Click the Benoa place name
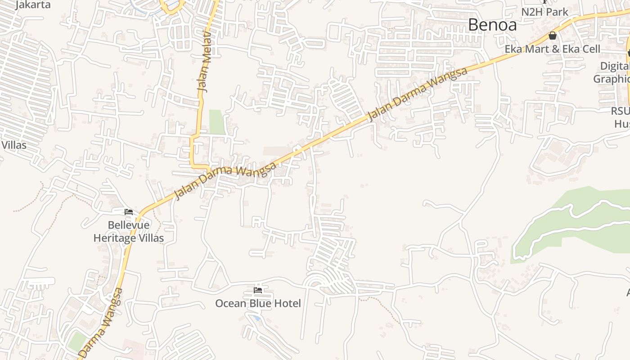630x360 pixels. (492, 25)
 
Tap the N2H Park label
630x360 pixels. (545, 12)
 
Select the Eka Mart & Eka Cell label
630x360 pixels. (552, 49)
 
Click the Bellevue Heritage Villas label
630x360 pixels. (128, 231)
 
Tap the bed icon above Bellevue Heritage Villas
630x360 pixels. (129, 211)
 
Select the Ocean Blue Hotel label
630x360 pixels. (258, 303)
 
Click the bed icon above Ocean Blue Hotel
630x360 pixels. (258, 290)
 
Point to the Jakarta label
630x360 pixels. (33, 5)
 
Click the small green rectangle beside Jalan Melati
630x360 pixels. (217, 122)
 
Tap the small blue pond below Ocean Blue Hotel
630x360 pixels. (256, 318)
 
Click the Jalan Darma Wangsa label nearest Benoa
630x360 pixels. (418, 94)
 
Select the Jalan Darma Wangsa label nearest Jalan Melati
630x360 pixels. (225, 181)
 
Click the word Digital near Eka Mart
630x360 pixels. (615, 66)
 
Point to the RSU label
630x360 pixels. (621, 111)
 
